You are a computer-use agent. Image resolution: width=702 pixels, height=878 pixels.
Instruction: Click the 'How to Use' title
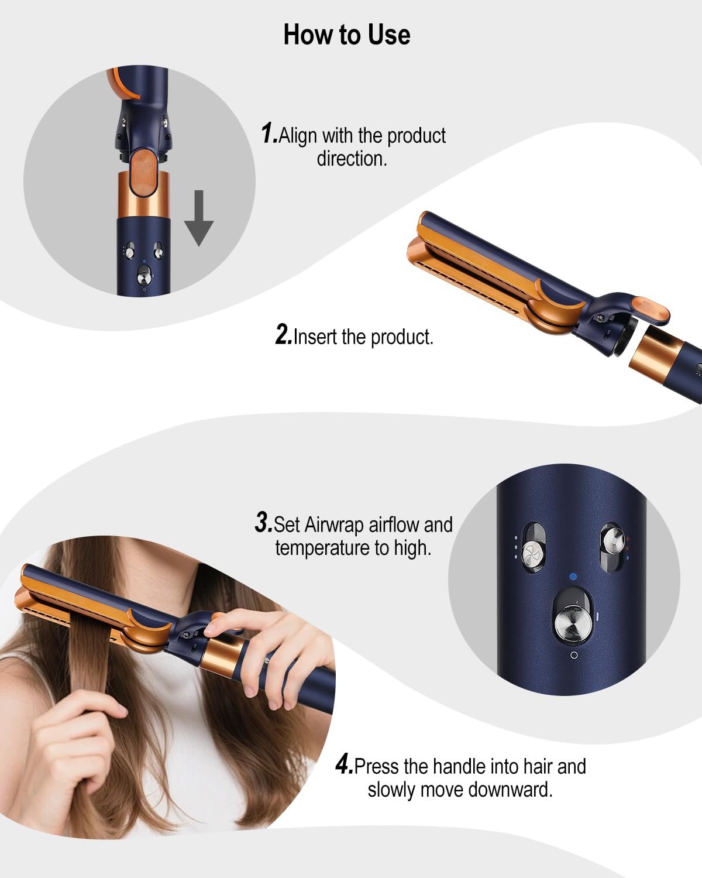pyautogui.click(x=347, y=35)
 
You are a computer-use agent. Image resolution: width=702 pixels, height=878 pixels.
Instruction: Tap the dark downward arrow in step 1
pyautogui.click(x=199, y=218)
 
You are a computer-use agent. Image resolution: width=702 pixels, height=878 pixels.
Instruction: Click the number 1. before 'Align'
pyautogui.click(x=269, y=133)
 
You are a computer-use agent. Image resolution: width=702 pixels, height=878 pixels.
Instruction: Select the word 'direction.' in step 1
pyautogui.click(x=352, y=158)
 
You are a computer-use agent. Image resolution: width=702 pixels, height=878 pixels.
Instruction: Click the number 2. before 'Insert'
pyautogui.click(x=284, y=335)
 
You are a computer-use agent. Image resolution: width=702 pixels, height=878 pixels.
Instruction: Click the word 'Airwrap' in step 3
pyautogui.click(x=333, y=524)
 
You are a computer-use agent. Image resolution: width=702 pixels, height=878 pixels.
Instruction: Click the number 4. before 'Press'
pyautogui.click(x=344, y=764)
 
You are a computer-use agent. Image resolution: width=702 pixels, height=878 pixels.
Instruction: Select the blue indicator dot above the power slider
pyautogui.click(x=573, y=577)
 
